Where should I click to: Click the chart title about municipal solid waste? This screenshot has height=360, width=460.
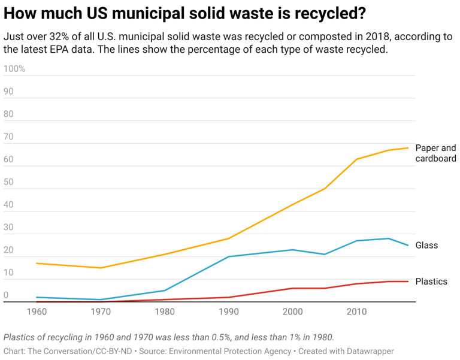185,13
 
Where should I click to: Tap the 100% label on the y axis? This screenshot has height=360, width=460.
14,69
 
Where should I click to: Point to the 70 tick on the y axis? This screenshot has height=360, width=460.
8,137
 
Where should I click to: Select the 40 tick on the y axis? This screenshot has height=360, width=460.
8,205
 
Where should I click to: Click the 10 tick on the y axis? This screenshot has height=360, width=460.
8,273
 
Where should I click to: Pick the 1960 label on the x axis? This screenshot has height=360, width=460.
37,311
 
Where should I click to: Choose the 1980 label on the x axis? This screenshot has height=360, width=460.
165,311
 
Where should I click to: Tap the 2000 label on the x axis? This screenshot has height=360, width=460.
292,311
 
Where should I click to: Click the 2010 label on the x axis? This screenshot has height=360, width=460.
356,311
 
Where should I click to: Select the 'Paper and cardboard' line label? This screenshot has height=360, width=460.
435,153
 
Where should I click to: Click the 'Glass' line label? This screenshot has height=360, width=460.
426,246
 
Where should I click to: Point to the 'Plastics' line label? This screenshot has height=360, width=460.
431,282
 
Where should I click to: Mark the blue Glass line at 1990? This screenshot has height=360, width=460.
228,257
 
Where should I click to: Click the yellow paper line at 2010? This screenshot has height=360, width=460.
356,159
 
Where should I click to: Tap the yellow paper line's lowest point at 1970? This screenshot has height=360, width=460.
101,268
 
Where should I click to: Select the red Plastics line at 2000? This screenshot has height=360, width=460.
292,288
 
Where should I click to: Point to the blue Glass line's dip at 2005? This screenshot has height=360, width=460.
325,255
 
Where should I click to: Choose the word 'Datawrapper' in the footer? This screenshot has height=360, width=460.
367,352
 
